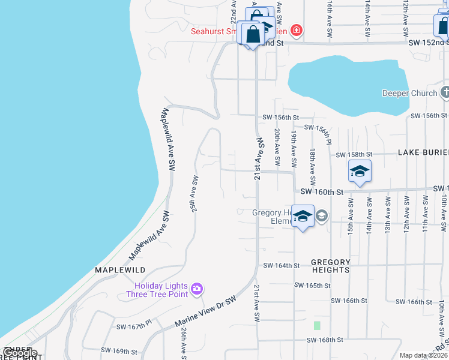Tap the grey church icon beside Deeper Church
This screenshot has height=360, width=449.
point(445,92)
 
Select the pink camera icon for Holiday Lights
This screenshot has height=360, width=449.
point(196,290)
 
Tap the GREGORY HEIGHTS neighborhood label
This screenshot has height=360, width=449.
point(330,266)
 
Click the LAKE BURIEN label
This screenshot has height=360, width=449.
point(423,153)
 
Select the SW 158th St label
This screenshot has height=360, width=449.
point(354,155)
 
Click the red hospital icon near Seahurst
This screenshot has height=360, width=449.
point(295,29)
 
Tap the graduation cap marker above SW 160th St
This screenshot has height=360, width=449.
point(360,171)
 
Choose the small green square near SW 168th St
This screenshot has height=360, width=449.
point(317,325)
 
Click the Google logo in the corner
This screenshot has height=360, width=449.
point(19,353)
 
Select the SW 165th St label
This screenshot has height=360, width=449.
point(312,286)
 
